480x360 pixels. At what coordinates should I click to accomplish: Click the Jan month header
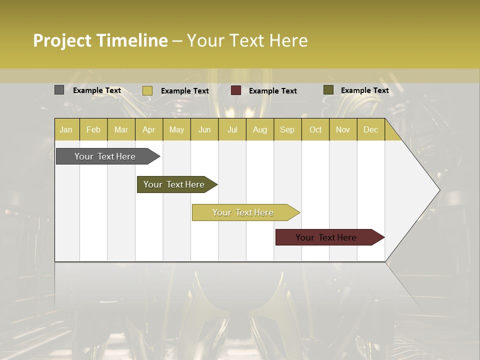click(x=66, y=129)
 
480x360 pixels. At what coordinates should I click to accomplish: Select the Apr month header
click(x=148, y=129)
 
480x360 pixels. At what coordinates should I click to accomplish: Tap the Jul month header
click(x=232, y=129)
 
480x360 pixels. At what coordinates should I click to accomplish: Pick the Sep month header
click(x=287, y=129)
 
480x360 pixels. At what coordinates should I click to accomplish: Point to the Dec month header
click(x=370, y=129)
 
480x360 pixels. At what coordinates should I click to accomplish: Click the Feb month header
click(x=93, y=129)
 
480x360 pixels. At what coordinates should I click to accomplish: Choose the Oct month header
click(x=315, y=129)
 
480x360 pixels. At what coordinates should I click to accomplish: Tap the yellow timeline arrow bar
click(x=243, y=212)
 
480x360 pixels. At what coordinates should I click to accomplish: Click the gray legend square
click(x=59, y=90)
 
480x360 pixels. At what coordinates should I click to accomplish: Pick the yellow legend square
click(x=147, y=90)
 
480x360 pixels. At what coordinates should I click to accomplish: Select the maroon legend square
click(x=236, y=90)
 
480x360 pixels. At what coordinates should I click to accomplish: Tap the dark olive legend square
click(x=328, y=90)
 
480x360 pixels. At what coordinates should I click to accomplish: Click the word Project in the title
click(x=62, y=40)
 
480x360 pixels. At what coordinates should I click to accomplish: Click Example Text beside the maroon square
click(x=272, y=91)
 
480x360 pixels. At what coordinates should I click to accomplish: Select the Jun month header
click(x=204, y=129)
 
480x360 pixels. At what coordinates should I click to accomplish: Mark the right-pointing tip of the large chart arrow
click(x=438, y=190)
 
